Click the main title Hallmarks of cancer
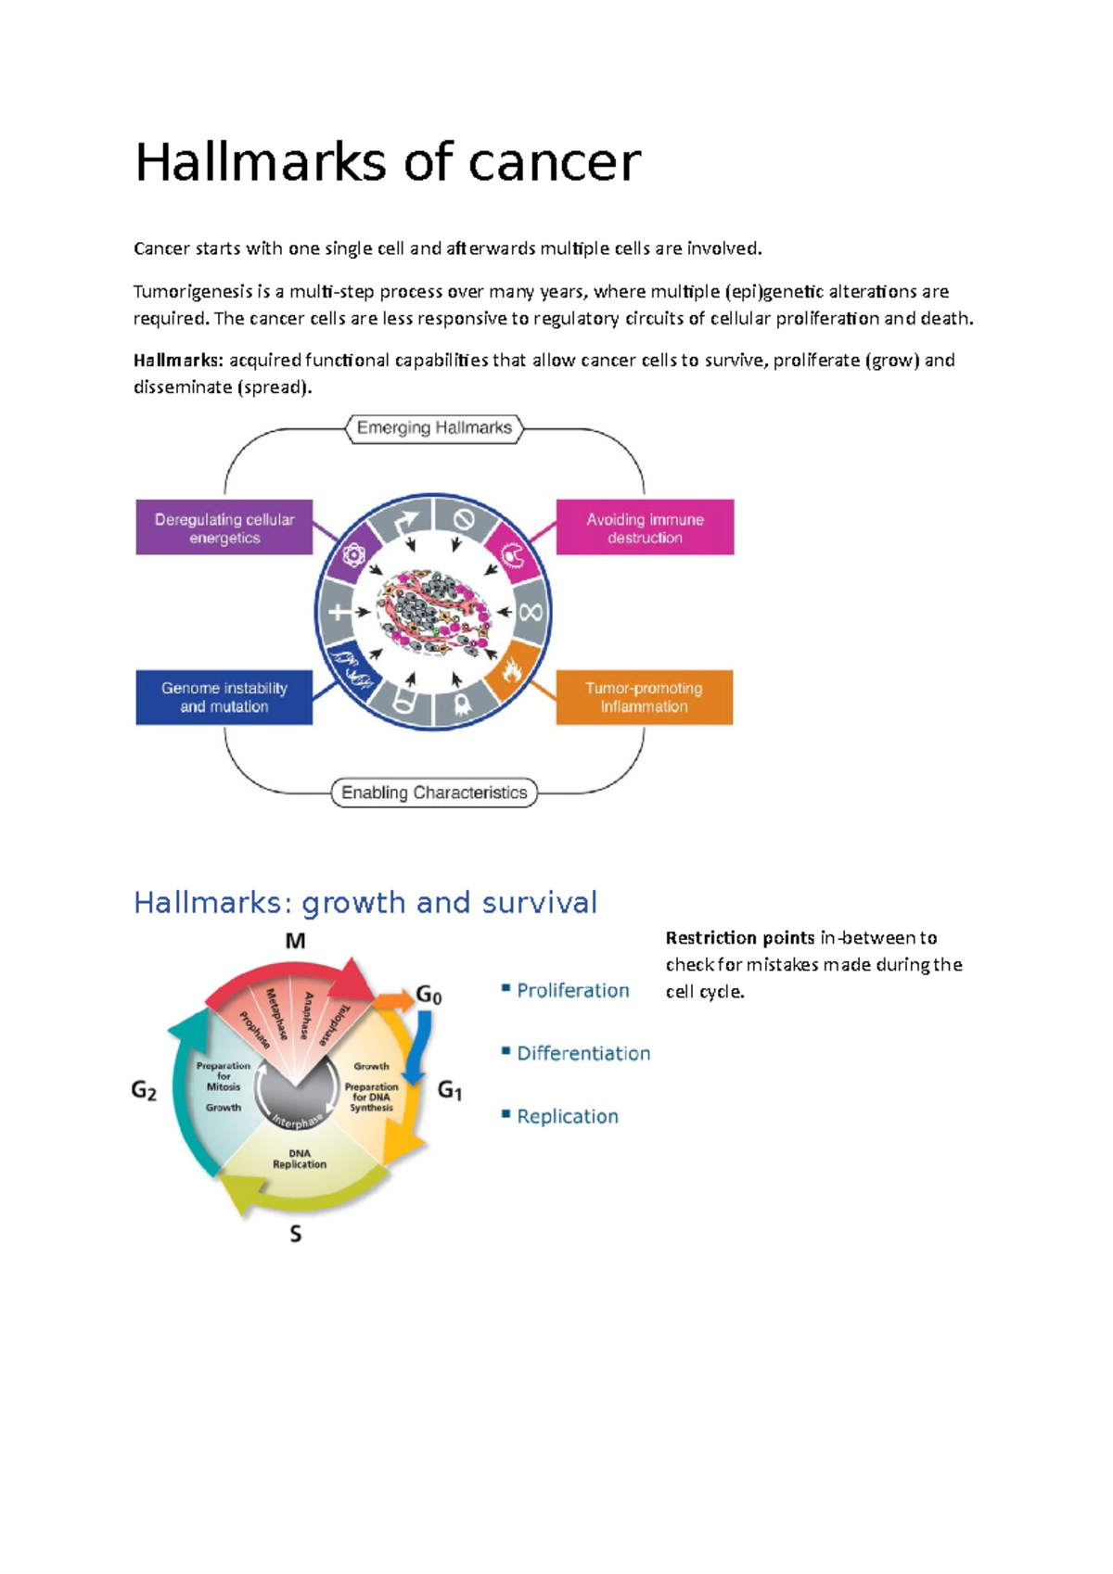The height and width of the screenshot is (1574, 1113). [x=388, y=162]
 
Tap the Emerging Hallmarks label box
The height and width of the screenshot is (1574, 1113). [x=434, y=428]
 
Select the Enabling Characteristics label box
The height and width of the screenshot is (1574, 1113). [x=434, y=793]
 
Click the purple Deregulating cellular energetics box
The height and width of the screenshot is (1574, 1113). [x=224, y=528]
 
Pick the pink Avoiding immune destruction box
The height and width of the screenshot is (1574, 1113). [x=645, y=528]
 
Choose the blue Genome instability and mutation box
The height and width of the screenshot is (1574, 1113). [x=224, y=697]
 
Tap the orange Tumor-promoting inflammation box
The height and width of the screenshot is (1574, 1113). [x=644, y=697]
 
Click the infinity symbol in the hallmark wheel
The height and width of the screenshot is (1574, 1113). [x=531, y=613]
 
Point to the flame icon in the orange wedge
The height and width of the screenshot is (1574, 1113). [x=512, y=668]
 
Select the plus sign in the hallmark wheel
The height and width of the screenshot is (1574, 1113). [x=339, y=613]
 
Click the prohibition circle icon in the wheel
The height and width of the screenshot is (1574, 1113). [x=463, y=520]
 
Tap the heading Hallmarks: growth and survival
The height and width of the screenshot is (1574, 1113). [x=365, y=902]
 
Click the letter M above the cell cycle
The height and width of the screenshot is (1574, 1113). [x=295, y=942]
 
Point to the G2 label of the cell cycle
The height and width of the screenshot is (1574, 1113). [x=144, y=1090]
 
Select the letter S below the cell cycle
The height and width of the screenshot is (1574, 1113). [x=296, y=1234]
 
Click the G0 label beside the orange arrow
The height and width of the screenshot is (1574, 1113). [x=429, y=996]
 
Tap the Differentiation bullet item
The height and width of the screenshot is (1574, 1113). [x=582, y=1053]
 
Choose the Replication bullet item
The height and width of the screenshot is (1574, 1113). [x=567, y=1116]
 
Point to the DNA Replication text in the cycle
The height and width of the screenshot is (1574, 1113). [x=300, y=1159]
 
